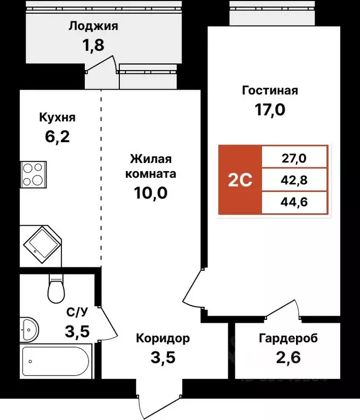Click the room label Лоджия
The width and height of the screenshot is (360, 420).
pos(94,25)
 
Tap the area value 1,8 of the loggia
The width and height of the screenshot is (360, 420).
pos(94,44)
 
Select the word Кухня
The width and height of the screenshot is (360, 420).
pos(57,118)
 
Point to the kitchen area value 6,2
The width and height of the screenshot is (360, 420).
pos(57,136)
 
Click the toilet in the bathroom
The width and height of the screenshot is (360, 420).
pos(56,288)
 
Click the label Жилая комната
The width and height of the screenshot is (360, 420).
pos(150,167)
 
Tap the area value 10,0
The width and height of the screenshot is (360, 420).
pos(150,192)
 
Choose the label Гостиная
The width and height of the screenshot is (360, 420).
pos(270,91)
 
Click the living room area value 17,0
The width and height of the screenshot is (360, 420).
pos(270,110)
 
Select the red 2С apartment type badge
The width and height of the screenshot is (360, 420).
pos(240,179)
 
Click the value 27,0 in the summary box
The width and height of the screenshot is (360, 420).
pos(294,159)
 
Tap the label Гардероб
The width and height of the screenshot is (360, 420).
pos(288,339)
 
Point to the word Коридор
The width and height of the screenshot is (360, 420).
pos(163,339)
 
